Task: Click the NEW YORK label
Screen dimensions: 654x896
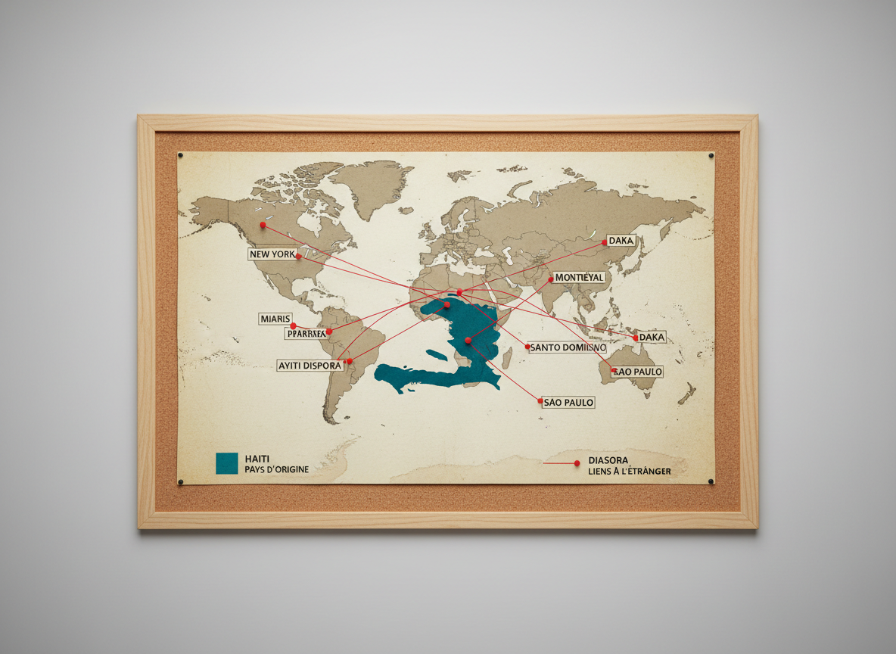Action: (272, 254)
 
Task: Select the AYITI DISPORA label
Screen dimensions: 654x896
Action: (310, 366)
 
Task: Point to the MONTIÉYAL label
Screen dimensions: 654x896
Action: (579, 278)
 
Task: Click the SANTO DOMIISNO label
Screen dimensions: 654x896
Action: (574, 347)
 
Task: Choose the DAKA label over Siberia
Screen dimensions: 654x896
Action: (621, 241)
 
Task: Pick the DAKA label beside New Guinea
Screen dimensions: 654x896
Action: (652, 337)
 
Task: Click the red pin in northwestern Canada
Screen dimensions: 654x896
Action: (263, 225)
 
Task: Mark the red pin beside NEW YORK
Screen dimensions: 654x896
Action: (299, 257)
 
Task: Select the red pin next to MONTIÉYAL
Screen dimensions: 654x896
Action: (549, 279)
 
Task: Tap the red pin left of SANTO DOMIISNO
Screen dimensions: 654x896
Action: (527, 347)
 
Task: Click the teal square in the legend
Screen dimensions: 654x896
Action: (226, 463)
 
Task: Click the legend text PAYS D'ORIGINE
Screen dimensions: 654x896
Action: (276, 470)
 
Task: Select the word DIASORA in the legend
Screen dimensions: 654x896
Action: (607, 460)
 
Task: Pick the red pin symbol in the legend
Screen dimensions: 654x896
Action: (577, 462)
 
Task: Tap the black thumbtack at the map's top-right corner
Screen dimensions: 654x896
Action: (710, 156)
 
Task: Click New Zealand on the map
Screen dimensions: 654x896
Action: (687, 394)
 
